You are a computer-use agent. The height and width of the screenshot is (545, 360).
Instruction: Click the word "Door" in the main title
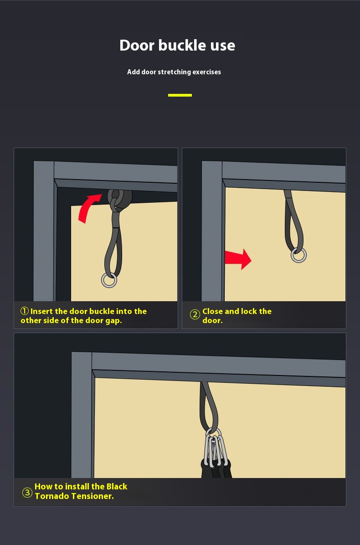point(137,45)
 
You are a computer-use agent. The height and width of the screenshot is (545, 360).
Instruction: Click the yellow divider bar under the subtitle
point(180,95)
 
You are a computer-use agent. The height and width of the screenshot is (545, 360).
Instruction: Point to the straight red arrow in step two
point(238,259)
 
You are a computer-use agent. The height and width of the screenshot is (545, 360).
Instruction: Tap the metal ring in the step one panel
point(109,280)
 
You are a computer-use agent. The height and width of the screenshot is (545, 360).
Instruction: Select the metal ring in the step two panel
point(298,255)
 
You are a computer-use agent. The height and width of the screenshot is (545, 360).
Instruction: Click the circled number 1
point(24,311)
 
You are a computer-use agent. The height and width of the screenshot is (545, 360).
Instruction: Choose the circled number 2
point(195,315)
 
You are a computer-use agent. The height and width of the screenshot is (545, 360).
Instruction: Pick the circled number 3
point(27,493)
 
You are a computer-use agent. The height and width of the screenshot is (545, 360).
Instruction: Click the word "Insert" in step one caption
point(42,311)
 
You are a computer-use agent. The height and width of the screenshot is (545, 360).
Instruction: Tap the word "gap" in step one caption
point(113,321)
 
